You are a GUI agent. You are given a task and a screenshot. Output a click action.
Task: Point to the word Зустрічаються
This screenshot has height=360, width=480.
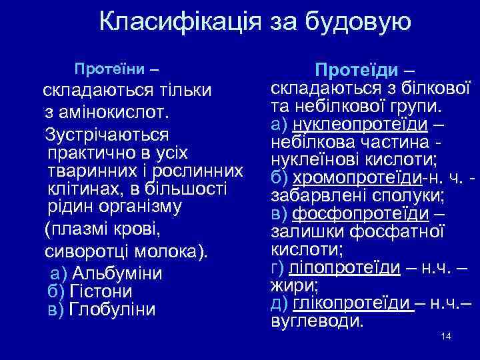(107, 134)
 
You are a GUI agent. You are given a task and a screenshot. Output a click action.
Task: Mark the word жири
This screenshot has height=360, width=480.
(293, 285)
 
